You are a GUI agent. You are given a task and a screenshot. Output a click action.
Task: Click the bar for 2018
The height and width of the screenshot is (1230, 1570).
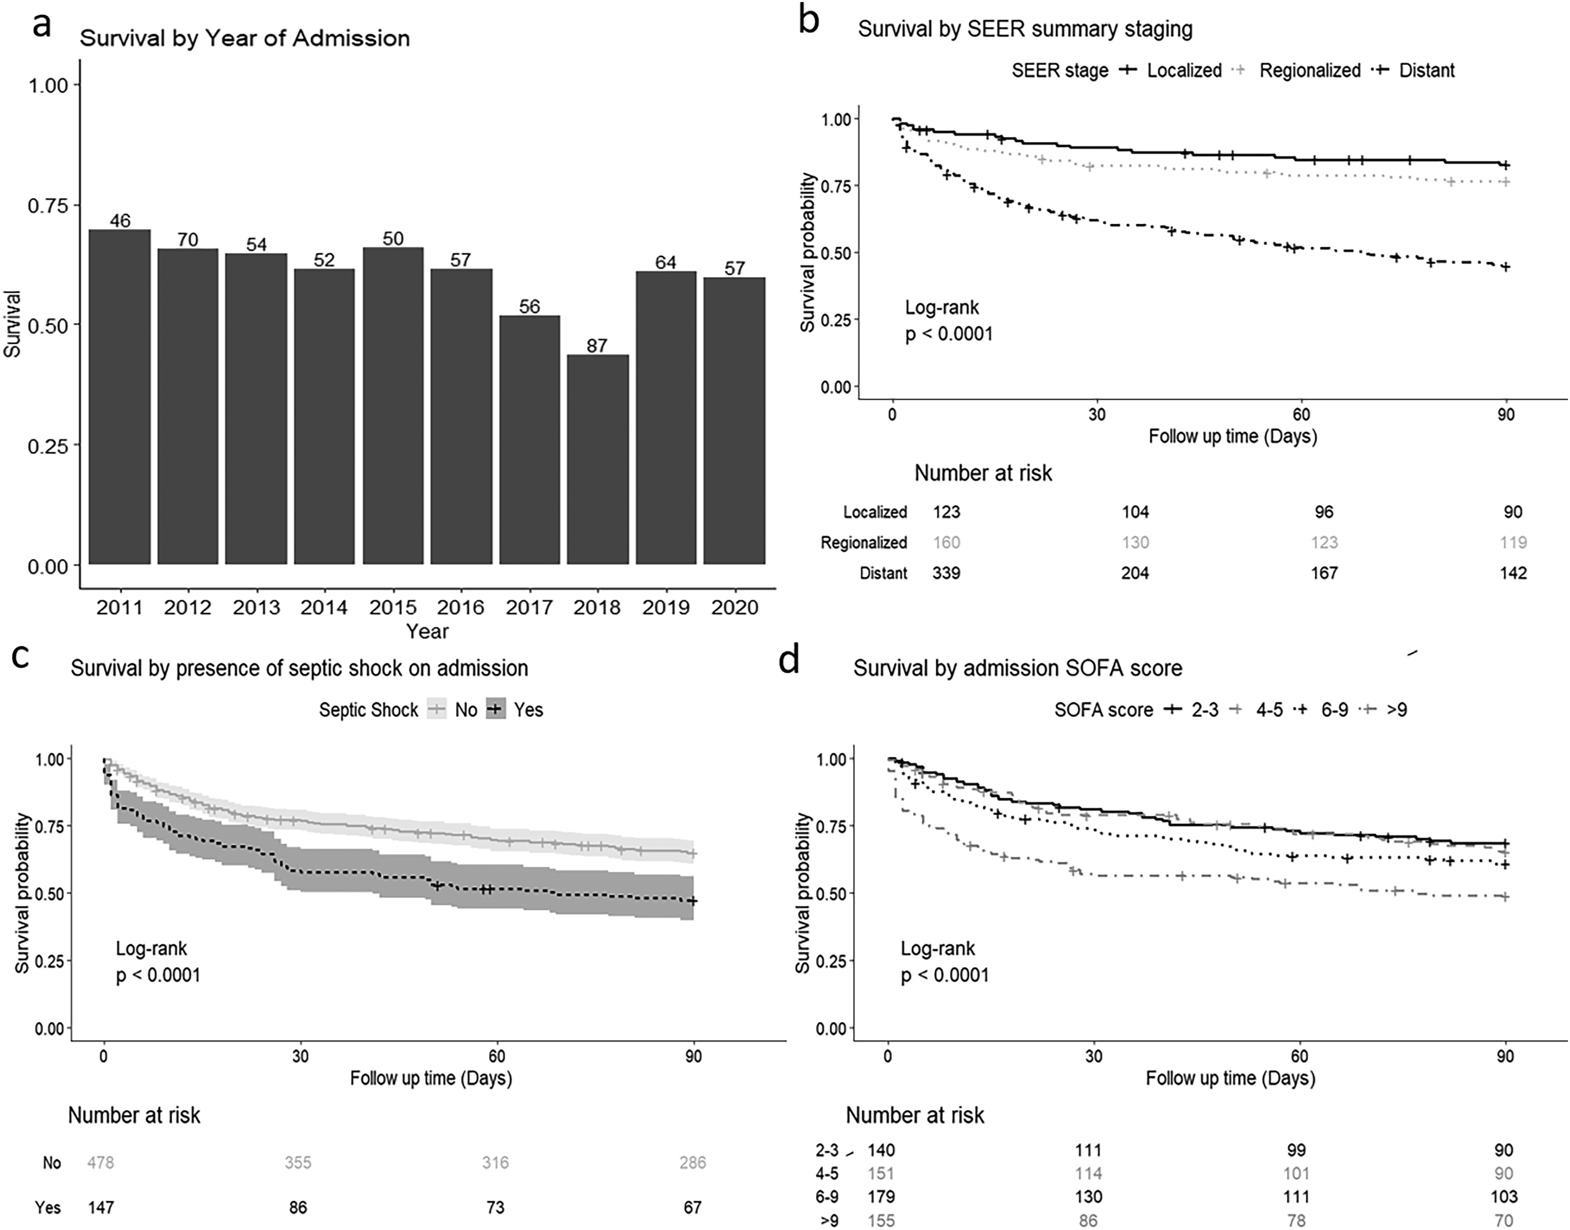tap(597, 459)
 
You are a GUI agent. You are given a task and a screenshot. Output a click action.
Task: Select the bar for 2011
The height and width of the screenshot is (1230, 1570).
tap(119, 397)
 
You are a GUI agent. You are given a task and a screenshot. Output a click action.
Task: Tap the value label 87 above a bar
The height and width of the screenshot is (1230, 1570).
tap(597, 346)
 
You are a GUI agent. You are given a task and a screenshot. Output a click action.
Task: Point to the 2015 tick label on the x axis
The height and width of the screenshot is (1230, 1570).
tap(393, 608)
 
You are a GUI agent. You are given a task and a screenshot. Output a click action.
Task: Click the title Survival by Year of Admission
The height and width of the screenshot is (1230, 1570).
tap(245, 38)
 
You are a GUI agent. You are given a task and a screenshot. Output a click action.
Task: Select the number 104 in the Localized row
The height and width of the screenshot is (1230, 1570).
tap(1135, 512)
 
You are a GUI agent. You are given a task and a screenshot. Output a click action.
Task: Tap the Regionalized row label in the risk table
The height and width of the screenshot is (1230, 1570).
tap(864, 543)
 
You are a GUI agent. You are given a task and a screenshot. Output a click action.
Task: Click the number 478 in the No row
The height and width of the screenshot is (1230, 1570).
tap(101, 1162)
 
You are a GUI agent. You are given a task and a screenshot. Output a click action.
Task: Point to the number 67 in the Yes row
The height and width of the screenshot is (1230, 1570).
tap(692, 1207)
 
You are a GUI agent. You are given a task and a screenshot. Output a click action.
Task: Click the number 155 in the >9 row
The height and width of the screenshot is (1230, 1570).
tap(881, 1221)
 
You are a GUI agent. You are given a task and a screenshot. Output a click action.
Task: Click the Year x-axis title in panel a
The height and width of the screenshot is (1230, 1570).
tap(427, 632)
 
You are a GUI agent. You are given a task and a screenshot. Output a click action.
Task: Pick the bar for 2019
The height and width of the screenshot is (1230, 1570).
tap(666, 418)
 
